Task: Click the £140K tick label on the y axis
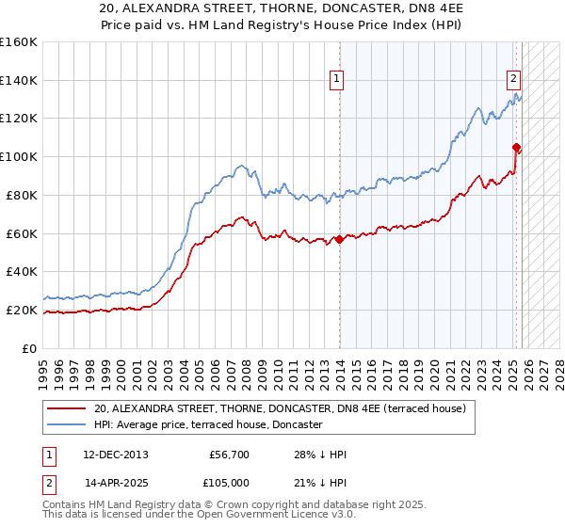[19, 80]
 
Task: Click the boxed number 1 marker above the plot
[336, 80]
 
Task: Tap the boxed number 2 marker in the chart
[514, 80]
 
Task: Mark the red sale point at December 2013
[339, 239]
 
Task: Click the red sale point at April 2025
[516, 147]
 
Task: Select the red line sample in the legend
[68, 408]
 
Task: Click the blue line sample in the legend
[68, 425]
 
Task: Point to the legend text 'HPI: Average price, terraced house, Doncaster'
[208, 425]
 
